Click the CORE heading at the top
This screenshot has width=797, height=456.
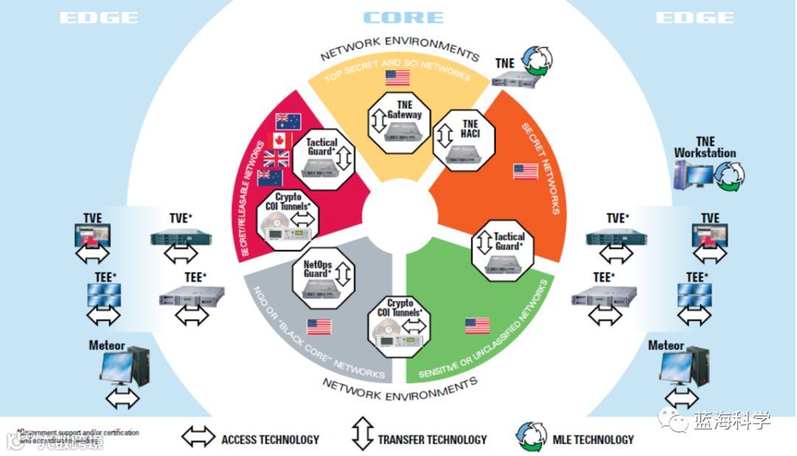[x=403, y=17]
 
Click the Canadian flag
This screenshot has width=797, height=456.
[x=283, y=140]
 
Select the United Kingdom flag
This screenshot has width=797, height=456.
[x=276, y=159]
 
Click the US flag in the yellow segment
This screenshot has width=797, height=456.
[x=398, y=78]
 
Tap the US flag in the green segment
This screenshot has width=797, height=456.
[x=477, y=326]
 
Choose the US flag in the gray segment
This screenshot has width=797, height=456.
[x=319, y=327]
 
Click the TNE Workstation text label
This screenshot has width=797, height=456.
[x=705, y=147]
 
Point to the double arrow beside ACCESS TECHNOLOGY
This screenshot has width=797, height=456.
[x=199, y=438]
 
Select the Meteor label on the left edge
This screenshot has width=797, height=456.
[x=107, y=345]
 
